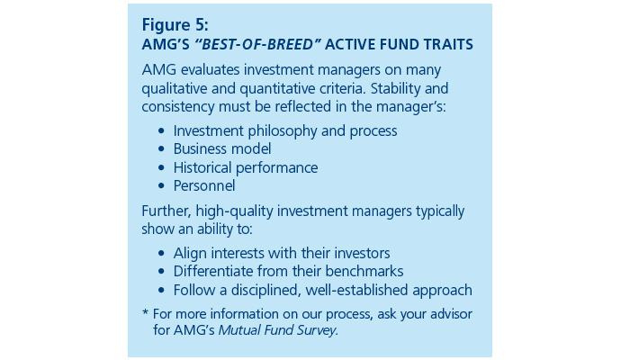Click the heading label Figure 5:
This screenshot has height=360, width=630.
coord(175,25)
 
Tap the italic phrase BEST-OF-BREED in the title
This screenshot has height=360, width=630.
coord(257,44)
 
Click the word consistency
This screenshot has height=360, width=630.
coord(178,107)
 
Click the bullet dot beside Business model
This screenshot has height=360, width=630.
coord(161,149)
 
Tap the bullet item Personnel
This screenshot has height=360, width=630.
coord(204,186)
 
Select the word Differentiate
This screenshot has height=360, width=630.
coord(213,272)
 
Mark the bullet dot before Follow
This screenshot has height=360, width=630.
coord(161,290)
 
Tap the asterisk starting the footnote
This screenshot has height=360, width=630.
coord(146,311)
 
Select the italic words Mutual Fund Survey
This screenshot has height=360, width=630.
coord(277,330)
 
